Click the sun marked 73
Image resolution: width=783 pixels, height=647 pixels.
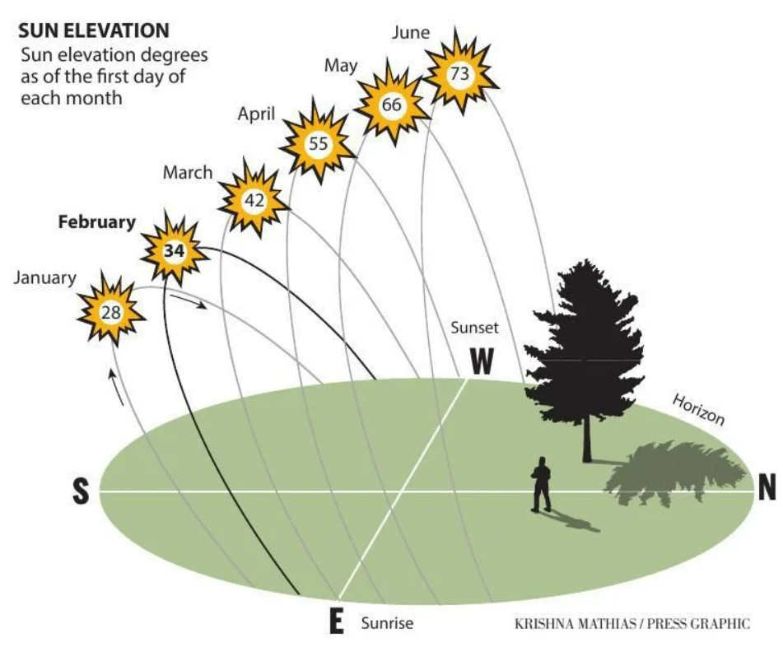(460, 73)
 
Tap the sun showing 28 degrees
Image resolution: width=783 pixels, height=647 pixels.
(111, 312)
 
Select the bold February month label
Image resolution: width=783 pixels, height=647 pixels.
(97, 222)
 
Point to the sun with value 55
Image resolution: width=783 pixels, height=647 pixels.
(318, 143)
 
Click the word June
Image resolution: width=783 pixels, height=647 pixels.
(411, 32)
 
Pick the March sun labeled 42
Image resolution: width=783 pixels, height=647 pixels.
(254, 200)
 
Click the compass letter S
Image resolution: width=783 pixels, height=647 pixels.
(82, 491)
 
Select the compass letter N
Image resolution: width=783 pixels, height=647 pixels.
(767, 486)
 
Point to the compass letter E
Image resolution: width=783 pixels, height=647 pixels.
(337, 621)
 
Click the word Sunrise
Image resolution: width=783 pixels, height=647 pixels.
(387, 623)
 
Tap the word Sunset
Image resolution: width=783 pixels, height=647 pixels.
(474, 328)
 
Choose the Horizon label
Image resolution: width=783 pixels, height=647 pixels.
(698, 409)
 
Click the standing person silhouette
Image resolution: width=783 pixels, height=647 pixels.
(541, 484)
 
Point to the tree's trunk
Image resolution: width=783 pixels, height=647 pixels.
(587, 440)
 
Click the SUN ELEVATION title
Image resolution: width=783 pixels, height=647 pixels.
(94, 31)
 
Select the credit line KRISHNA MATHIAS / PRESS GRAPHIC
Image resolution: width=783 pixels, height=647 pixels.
(632, 623)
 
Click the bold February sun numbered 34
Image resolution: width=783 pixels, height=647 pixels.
(175, 250)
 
